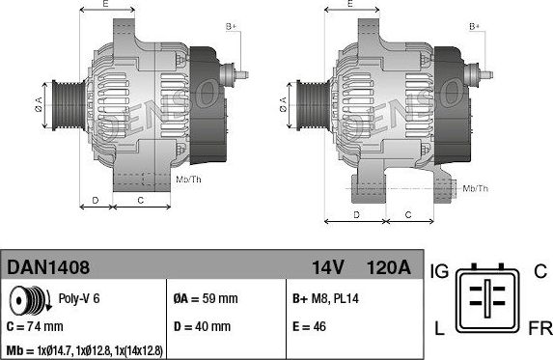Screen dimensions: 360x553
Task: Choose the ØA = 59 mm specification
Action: tap(205, 298)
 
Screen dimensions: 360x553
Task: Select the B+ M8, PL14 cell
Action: tap(326, 298)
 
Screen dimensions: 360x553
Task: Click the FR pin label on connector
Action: tap(539, 330)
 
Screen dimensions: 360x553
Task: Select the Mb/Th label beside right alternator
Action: tap(476, 188)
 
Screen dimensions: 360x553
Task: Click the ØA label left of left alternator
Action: tap(39, 100)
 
